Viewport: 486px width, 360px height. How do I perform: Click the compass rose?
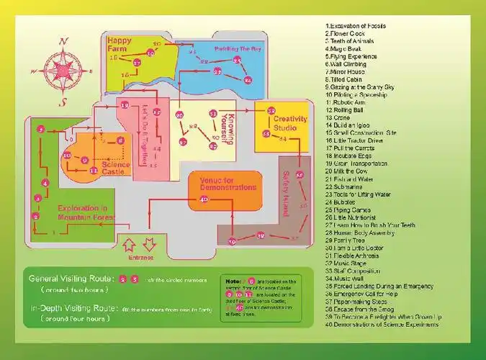pyautogui.click(x=63, y=71)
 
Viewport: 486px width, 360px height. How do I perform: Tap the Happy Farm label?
pyautogui.click(x=121, y=45)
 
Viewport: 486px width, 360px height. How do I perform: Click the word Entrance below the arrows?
pyautogui.click(x=140, y=256)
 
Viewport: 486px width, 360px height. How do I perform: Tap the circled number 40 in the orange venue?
pyautogui.click(x=204, y=199)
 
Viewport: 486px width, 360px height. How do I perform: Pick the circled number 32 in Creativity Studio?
pyautogui.click(x=271, y=111)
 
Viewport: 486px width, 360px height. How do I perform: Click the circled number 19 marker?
pyautogui.click(x=125, y=106)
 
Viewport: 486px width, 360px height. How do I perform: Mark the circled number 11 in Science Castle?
pyautogui.click(x=93, y=171)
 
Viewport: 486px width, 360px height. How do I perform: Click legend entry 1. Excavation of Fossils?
pyautogui.click(x=356, y=26)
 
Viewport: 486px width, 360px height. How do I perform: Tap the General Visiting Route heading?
pyautogui.click(x=70, y=278)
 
